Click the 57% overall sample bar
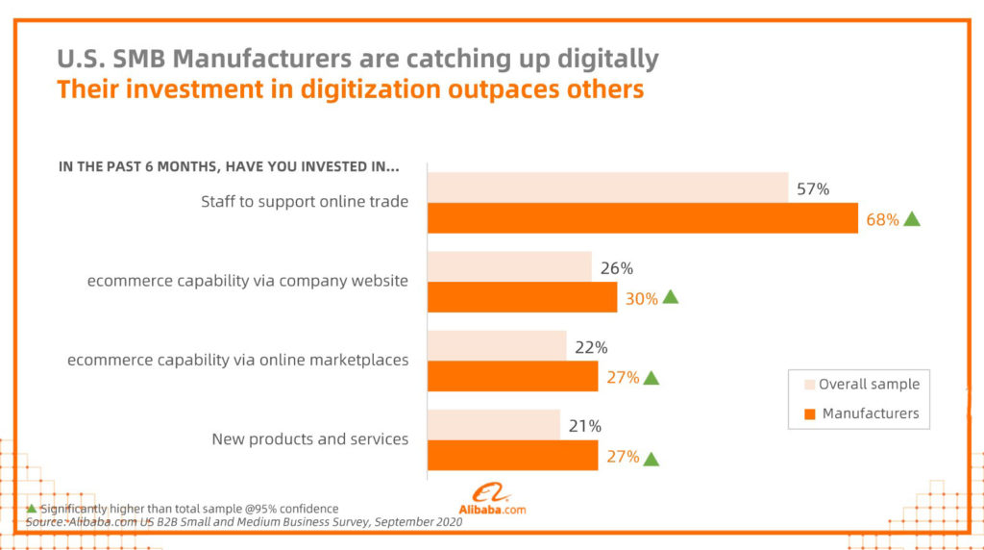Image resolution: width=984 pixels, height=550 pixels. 607,187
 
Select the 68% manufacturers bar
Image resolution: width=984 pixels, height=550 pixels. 642,218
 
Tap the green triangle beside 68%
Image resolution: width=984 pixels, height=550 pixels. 912,218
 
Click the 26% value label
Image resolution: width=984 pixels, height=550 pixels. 617,268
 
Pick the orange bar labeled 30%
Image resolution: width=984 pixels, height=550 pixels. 522,297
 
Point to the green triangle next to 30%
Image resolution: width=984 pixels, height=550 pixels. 671,297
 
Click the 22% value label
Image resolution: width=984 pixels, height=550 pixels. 591,347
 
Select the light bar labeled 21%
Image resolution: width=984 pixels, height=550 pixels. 493,424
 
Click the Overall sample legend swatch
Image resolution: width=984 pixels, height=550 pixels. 808,385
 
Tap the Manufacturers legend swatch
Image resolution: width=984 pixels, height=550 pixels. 808,414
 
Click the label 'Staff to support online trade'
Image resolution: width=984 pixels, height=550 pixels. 305,202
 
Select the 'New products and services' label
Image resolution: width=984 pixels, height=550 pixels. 309,438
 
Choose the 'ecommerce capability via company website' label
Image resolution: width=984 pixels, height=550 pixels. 248,281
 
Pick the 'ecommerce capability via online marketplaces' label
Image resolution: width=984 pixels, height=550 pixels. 237,360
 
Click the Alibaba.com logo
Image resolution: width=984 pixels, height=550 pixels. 490,500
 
